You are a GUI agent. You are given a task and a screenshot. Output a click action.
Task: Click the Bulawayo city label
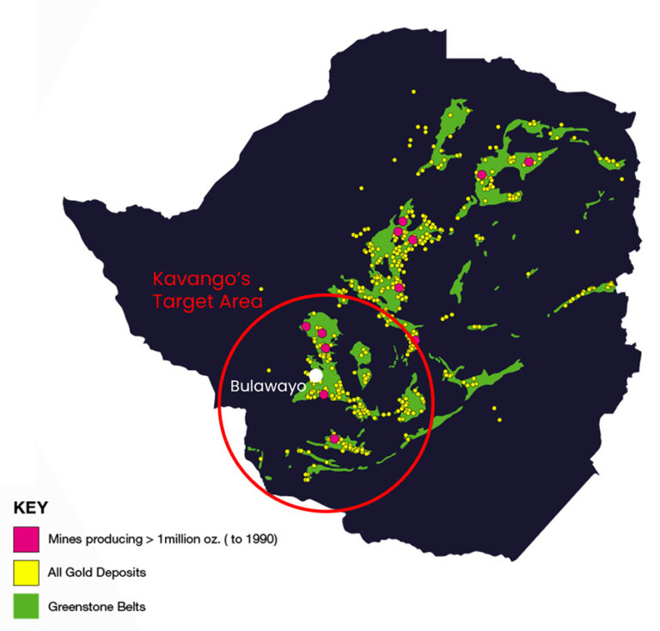pyautogui.click(x=268, y=386)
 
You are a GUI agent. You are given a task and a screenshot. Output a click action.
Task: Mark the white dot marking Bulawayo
pyautogui.click(x=316, y=375)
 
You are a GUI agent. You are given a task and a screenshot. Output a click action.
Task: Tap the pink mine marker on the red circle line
pyautogui.click(x=415, y=341)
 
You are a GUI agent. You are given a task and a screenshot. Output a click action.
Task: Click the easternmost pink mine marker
pyautogui.click(x=529, y=161)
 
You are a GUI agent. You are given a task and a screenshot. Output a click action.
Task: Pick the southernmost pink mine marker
pyautogui.click(x=334, y=440)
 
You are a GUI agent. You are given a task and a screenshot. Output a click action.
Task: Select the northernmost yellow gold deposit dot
pyautogui.click(x=413, y=91)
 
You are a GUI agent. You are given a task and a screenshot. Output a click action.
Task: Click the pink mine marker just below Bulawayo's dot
pyautogui.click(x=323, y=394)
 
